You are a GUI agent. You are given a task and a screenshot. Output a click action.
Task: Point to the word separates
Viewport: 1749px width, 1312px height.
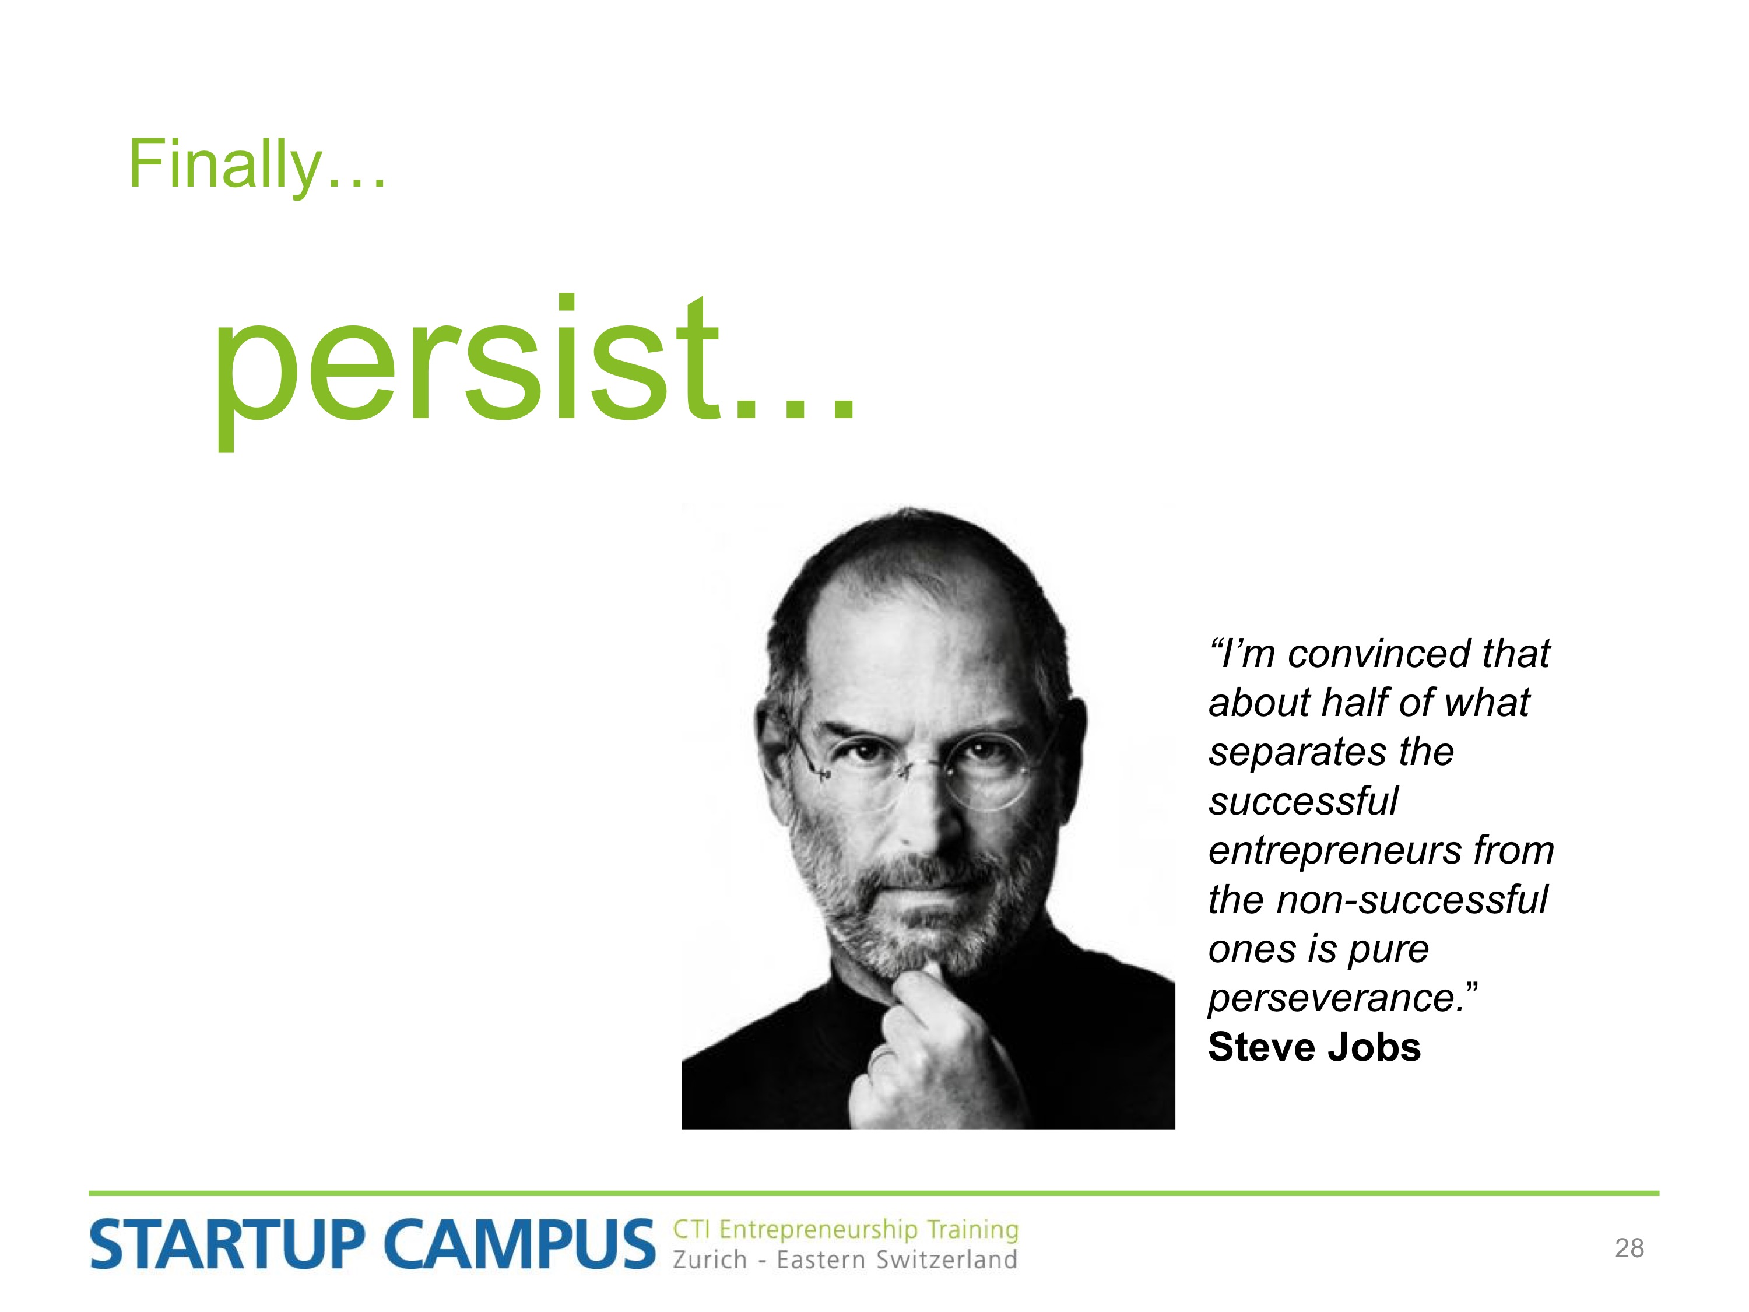point(1298,752)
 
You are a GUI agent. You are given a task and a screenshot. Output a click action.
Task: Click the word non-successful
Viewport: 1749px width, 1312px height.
point(1411,900)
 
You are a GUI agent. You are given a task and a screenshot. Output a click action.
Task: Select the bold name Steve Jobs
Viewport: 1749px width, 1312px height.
point(1314,1048)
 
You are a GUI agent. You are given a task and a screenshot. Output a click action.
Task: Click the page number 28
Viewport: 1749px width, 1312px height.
point(1629,1248)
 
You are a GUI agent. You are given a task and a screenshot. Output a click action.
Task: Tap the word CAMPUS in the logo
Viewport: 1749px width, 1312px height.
point(520,1245)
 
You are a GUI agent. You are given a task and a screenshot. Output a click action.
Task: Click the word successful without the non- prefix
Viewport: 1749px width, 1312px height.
point(1303,801)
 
